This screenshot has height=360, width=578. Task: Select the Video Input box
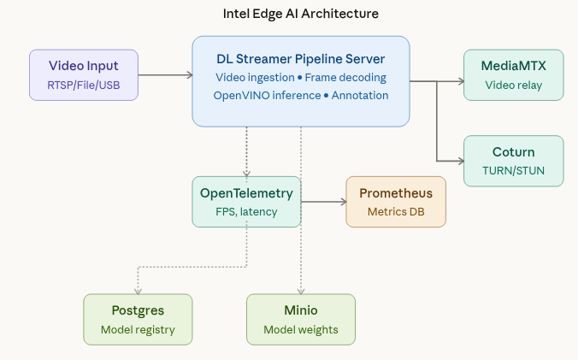click(x=83, y=74)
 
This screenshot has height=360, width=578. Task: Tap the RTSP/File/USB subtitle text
click(x=83, y=85)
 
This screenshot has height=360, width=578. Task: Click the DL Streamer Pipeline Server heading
click(x=300, y=59)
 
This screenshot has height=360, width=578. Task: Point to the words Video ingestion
click(x=254, y=77)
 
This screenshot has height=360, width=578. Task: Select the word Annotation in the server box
click(x=360, y=95)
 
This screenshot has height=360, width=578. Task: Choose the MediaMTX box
click(x=513, y=74)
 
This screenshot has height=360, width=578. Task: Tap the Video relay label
click(x=513, y=85)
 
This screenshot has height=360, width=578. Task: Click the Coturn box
click(x=513, y=160)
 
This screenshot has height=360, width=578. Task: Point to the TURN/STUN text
click(x=513, y=170)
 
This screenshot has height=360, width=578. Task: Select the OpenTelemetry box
click(x=246, y=202)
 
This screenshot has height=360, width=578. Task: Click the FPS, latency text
click(x=246, y=211)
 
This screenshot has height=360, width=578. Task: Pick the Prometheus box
click(x=396, y=202)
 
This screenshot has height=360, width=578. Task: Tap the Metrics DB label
click(x=396, y=211)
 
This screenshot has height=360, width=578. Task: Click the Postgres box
click(x=138, y=319)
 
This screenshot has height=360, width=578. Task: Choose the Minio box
click(x=300, y=319)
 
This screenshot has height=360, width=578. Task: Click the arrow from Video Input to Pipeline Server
click(x=164, y=75)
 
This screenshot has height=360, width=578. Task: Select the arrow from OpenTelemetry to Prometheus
click(x=323, y=203)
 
